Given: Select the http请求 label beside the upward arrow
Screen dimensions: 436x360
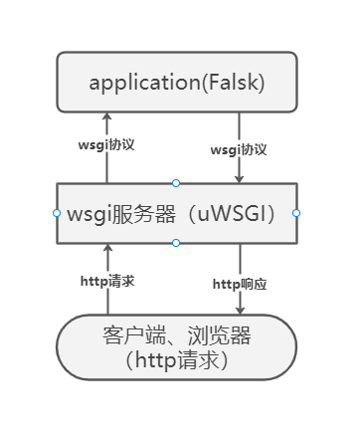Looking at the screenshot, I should click(x=107, y=281).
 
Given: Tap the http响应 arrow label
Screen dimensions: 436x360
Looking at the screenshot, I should click(x=240, y=284).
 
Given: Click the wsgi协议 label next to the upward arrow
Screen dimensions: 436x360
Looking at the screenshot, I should click(x=106, y=144).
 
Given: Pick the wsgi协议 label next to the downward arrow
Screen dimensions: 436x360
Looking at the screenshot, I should click(x=239, y=149).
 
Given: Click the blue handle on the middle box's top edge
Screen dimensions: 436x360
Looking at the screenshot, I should click(x=176, y=183).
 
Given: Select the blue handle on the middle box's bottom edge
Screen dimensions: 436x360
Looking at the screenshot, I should click(x=176, y=243).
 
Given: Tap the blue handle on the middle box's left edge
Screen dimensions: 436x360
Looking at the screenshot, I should click(x=56, y=213).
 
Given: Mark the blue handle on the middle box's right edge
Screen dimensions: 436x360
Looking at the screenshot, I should click(x=296, y=213).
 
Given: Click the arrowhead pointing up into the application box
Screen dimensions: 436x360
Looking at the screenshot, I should click(x=107, y=117).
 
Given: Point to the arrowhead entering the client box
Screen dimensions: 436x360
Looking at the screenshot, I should click(x=240, y=310).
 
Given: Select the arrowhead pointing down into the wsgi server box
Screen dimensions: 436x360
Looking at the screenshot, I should click(x=239, y=178).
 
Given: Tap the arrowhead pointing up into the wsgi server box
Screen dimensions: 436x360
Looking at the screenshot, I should click(x=107, y=249).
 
